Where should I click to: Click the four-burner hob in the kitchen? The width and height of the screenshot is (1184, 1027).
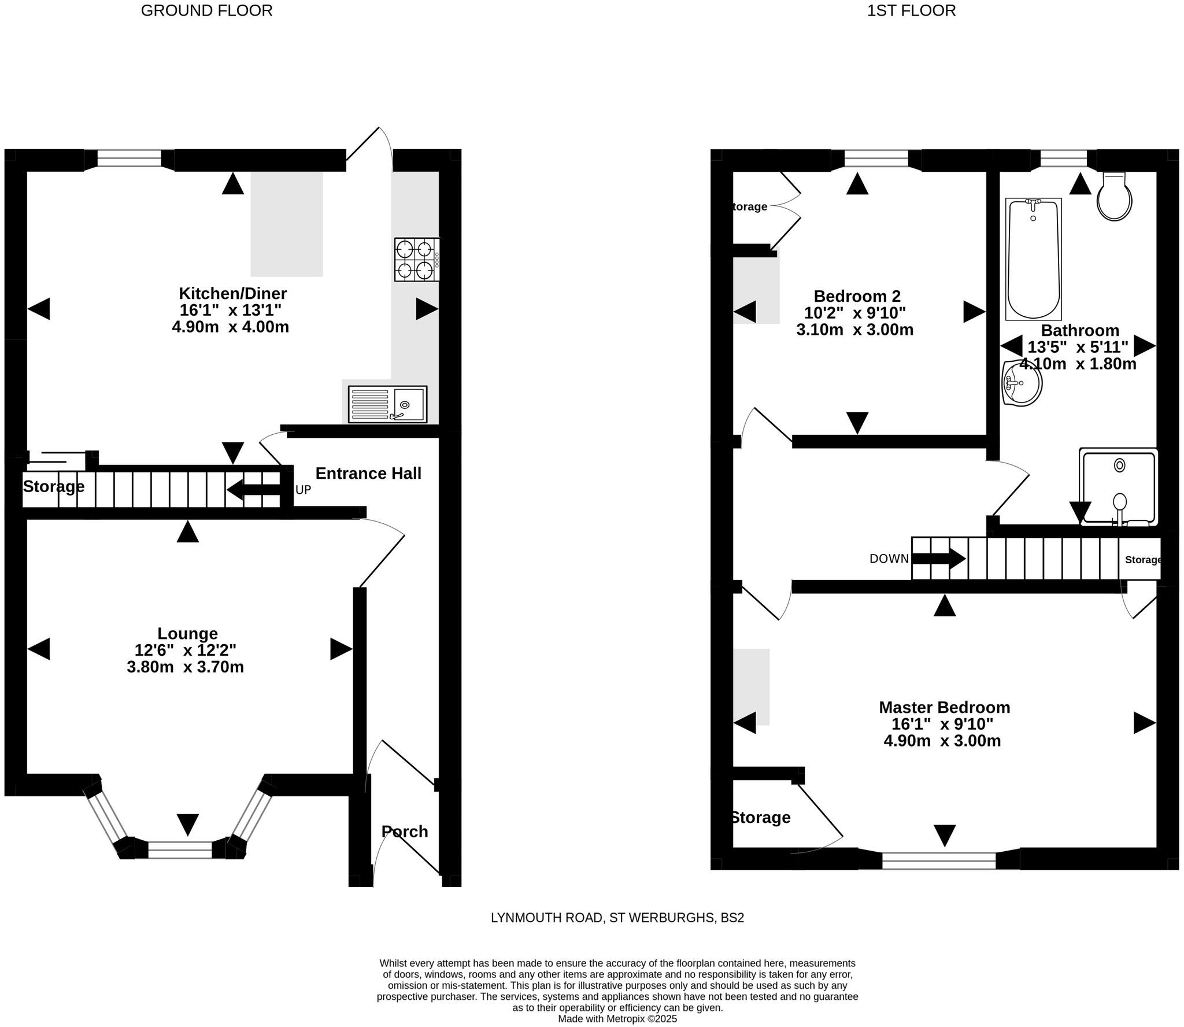click(417, 260)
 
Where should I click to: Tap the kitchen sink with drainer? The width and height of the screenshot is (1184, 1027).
click(387, 404)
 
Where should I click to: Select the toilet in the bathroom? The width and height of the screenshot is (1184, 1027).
click(1114, 198)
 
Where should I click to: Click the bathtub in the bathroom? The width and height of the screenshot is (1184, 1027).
click(1034, 259)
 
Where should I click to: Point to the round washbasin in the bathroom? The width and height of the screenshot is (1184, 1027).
click(1022, 383)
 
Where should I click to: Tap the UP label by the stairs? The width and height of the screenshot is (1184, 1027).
click(303, 490)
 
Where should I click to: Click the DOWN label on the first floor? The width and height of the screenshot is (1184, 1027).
click(889, 559)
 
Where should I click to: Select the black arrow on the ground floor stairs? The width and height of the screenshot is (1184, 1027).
click(254, 490)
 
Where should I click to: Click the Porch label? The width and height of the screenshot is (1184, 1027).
click(405, 832)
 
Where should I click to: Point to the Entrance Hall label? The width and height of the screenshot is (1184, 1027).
click(368, 474)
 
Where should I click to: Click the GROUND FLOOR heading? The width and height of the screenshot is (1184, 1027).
click(206, 10)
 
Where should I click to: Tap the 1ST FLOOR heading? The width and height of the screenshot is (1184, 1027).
click(911, 10)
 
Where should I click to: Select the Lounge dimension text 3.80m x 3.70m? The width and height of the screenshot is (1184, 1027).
click(185, 667)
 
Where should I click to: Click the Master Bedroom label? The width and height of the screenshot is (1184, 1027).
click(944, 707)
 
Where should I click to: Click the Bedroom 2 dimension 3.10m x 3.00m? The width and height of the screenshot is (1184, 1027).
click(854, 330)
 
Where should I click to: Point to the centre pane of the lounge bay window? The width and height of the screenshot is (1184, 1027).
click(180, 849)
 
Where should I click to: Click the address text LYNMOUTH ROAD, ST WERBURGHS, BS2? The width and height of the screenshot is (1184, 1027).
click(617, 918)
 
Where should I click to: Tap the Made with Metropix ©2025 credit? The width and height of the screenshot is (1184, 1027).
click(617, 1019)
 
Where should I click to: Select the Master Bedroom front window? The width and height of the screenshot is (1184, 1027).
click(939, 860)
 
